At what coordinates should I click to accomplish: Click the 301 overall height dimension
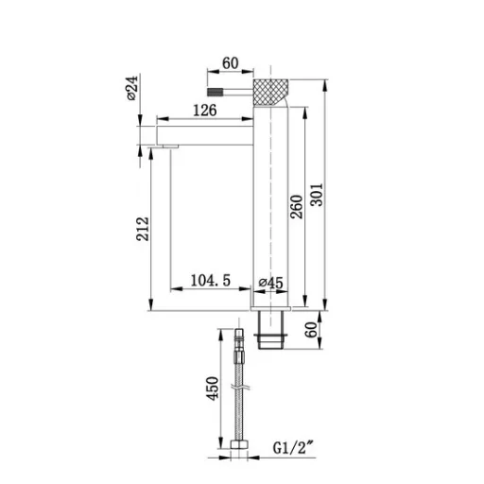[317, 195]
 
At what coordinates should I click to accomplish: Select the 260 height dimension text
[297, 207]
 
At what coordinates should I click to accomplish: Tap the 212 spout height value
[143, 229]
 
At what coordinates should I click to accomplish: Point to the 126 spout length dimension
[205, 111]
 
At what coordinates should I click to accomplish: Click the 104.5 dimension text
[211, 280]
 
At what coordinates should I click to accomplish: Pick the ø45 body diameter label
[271, 283]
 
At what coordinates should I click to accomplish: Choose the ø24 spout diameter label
[132, 88]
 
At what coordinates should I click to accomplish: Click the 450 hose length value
[213, 389]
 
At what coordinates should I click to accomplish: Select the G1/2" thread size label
[294, 448]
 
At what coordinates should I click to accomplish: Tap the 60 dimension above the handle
[231, 63]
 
